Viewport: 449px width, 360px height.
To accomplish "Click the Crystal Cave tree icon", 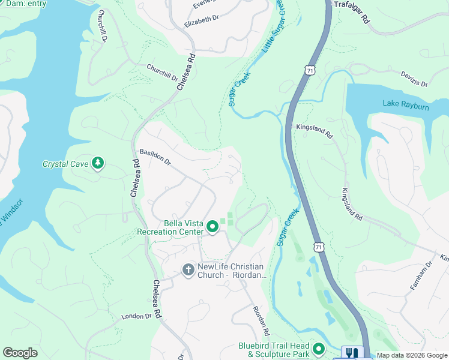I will point(97,163).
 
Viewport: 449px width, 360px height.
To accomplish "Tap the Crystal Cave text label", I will point(65,164).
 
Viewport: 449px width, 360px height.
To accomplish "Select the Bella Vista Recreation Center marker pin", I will point(212,227).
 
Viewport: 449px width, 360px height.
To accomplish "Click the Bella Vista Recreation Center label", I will point(171,227).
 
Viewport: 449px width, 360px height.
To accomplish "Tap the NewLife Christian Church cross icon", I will point(187,270).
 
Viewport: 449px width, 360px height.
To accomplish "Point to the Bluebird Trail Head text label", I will point(274,350).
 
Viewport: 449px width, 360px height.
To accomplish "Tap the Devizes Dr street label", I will point(414,79).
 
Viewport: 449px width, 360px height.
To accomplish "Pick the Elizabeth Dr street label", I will point(202,22).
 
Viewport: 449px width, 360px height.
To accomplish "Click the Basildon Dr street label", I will point(155,158).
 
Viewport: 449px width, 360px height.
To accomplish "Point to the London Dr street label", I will point(136,316).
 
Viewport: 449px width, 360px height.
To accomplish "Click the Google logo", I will point(20,353).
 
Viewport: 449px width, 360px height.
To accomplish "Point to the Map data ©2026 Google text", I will point(412,355).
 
